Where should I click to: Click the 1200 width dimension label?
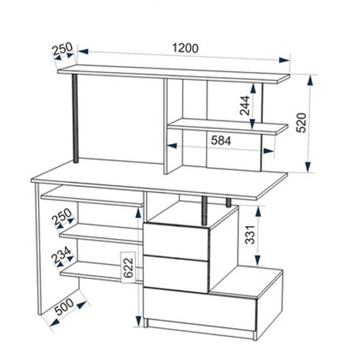[185, 48]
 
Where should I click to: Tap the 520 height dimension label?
[301, 123]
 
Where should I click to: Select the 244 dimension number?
[244, 105]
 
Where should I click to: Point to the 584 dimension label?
[221, 140]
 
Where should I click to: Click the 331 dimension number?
[250, 235]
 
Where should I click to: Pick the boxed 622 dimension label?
[128, 268]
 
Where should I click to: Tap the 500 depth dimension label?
[64, 307]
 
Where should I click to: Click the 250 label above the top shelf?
[62, 49]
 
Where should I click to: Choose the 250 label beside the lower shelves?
[62, 216]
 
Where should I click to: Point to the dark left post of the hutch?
[75, 118]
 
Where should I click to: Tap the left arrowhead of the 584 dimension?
[171, 145]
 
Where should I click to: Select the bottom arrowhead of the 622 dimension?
[138, 321]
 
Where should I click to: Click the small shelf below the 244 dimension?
[228, 126]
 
